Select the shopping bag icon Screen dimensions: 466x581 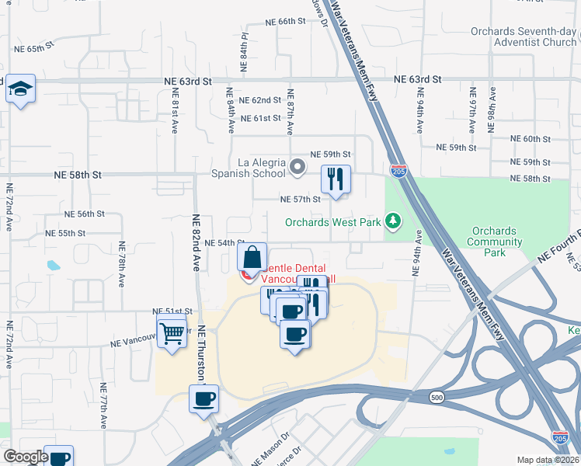click(252, 257)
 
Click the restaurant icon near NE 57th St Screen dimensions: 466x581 click(336, 179)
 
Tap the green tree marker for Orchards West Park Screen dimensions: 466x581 click(393, 222)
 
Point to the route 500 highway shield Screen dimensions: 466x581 click(435, 398)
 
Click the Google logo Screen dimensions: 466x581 click(26, 457)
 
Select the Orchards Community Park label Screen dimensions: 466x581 click(493, 242)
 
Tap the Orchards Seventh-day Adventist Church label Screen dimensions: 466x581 click(524, 37)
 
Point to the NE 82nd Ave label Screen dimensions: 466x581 click(196, 243)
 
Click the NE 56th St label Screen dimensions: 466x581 click(85, 214)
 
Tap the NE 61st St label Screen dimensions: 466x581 click(260, 118)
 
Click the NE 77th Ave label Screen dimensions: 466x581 click(103, 405)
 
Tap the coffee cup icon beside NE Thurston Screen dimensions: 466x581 click(204, 399)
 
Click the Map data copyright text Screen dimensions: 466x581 click(548, 460)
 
